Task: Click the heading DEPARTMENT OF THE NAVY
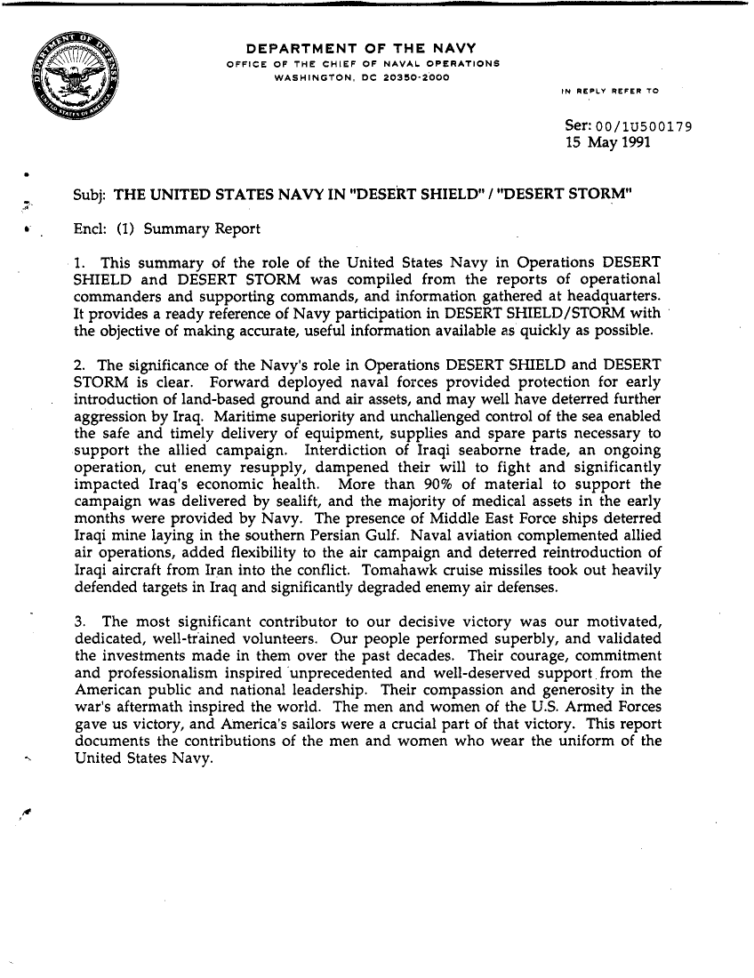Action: point(361,48)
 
